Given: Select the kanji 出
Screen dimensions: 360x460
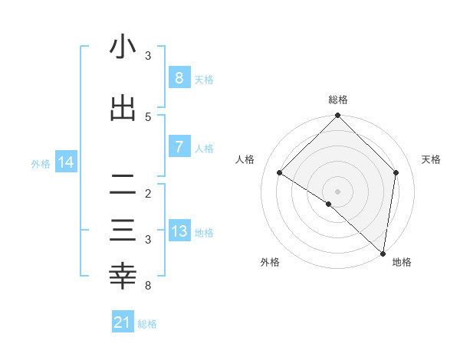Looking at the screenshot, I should point(123,109).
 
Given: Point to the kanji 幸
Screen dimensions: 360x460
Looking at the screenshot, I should point(123,277).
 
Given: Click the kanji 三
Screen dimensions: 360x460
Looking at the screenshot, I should point(123,231).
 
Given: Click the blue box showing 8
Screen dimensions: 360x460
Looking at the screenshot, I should point(179,77).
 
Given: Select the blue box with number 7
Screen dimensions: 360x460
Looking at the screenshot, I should point(179,147).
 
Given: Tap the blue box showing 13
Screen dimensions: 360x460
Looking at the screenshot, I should point(179,232).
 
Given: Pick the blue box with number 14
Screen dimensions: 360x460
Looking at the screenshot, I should point(66,162).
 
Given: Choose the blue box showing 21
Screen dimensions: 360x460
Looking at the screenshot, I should point(123,323).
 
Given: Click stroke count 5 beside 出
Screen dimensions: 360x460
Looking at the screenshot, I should point(148,116).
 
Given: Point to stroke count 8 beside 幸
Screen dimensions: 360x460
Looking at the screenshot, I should point(148,286).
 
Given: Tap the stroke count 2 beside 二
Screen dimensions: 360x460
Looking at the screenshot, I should point(148,193).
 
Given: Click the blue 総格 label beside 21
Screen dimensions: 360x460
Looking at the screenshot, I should point(148,324).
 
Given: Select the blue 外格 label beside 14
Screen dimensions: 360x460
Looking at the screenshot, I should point(41,163).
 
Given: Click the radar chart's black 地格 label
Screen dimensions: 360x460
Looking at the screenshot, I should point(402,262).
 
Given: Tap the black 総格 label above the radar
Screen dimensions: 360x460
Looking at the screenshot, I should point(337,100).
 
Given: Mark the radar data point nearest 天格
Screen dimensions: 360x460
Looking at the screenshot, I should point(396,172).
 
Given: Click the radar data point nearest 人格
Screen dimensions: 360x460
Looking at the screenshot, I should point(280,173).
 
